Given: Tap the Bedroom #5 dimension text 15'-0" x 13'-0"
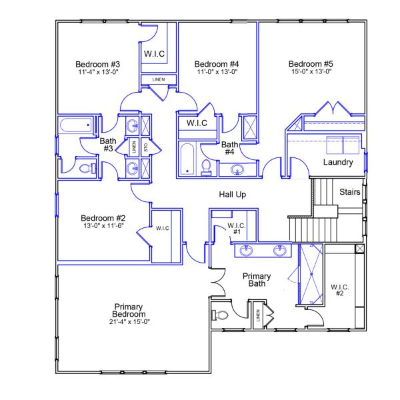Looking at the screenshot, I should coord(310,72).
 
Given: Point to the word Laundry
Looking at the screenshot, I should coord(337,162).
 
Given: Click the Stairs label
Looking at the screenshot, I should coord(350,192).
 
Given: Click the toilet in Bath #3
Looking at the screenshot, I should coord(86,169).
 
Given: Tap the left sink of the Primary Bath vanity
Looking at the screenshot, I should coord(247,251).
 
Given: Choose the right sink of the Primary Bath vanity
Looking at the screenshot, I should coord(281,251).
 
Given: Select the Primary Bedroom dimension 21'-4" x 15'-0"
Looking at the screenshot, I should coord(129,322).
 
